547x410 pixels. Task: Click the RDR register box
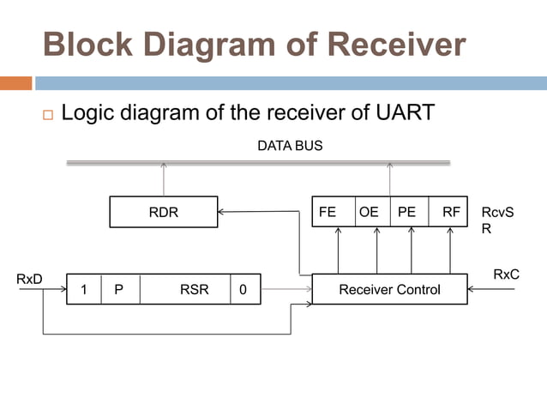tap(163, 212)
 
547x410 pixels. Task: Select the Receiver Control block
tap(389, 290)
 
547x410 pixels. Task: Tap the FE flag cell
tap(328, 212)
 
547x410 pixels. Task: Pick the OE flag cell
tap(369, 212)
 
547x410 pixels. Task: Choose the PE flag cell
tap(407, 212)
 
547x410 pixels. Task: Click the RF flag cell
tap(451, 212)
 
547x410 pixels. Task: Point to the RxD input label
tap(29, 279)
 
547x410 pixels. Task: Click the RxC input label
tap(506, 274)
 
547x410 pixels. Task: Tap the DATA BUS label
tap(290, 146)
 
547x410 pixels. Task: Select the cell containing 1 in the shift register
tap(84, 290)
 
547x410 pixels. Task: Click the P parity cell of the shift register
tap(119, 290)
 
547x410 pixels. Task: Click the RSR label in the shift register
tap(194, 290)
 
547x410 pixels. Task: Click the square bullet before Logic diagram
tap(47, 114)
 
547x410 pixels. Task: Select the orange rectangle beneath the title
tap(15, 83)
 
